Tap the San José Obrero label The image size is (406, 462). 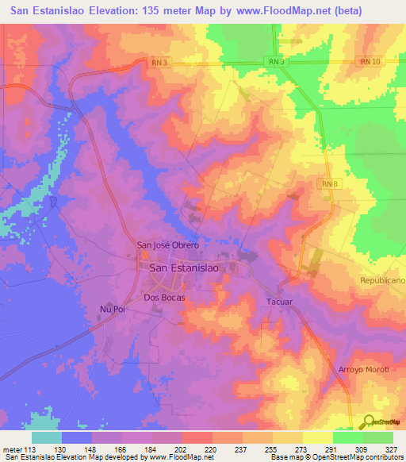click(167, 245)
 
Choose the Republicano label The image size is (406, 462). click(383, 282)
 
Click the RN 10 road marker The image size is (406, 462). click(370, 61)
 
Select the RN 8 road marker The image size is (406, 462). click(329, 183)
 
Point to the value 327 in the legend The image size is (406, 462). click(393, 449)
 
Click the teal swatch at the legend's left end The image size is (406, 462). click(47, 437)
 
